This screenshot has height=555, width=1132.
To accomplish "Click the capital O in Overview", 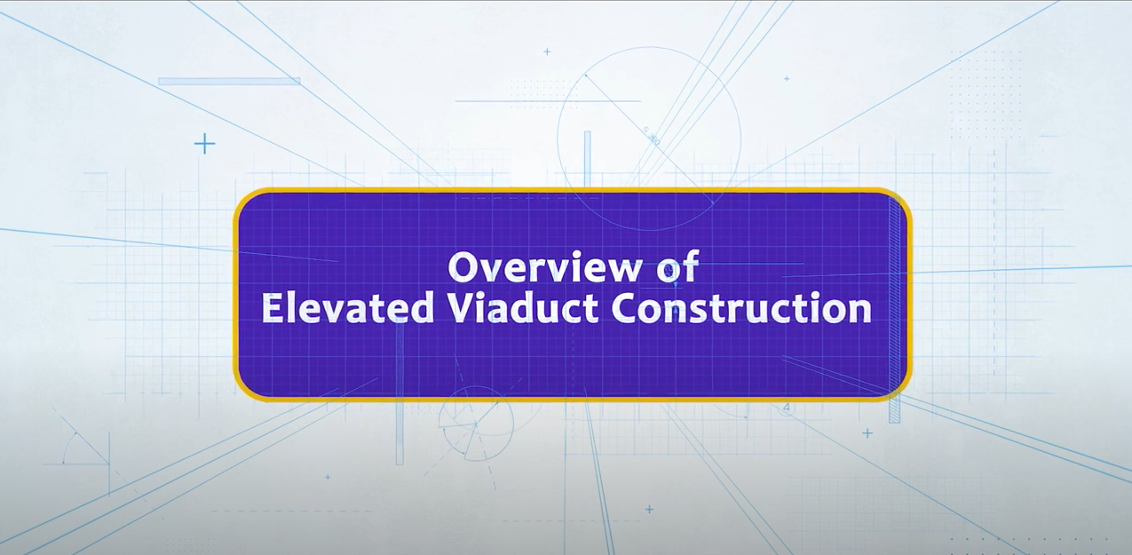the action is point(463,268).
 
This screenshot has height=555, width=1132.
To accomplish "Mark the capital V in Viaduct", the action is point(462,308).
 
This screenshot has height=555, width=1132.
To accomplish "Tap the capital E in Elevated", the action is point(272,308).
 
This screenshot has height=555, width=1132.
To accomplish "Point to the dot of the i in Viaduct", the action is point(486,297).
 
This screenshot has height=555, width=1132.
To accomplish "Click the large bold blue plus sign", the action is point(205,144).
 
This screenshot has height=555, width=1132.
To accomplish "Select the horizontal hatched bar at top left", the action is point(229,81).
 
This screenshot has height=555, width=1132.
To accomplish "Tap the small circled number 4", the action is point(786,408).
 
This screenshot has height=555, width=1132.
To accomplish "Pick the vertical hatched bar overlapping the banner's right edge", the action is point(894,309).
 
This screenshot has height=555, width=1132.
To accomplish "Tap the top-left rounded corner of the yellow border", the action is point(242,198).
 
